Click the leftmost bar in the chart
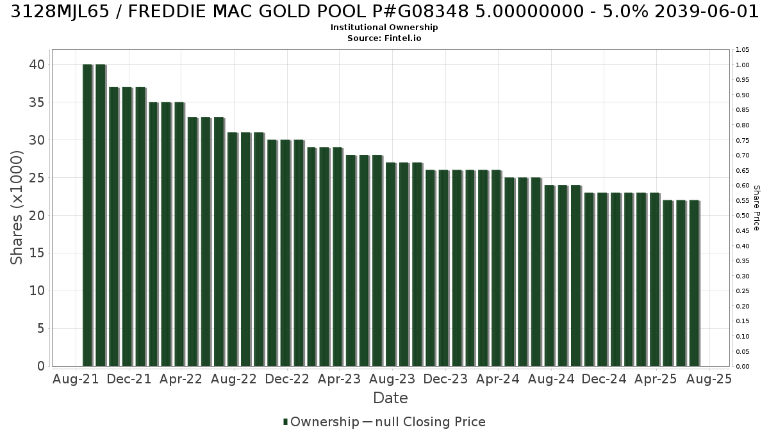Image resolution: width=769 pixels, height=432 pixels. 88,215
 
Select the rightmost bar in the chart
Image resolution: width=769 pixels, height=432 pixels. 695,283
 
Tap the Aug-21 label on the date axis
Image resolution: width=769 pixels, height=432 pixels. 76,379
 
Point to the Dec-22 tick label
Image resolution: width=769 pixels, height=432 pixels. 287,379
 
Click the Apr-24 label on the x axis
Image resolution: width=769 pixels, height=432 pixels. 498,379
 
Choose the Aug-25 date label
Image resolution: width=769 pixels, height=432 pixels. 709,379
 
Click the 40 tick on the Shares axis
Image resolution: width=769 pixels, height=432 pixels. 37,65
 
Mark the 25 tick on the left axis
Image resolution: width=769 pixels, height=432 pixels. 37,178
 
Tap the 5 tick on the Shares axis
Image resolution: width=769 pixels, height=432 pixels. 41,328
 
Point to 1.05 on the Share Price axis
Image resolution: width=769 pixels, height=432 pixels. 743,50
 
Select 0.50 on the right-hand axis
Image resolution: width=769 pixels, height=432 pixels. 743,216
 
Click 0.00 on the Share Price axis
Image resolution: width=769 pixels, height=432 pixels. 743,367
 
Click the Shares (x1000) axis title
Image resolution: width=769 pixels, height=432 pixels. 17,208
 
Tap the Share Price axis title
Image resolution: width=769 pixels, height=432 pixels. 757,208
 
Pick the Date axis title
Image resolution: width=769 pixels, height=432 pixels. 390,398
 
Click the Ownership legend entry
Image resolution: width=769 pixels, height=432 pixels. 320,422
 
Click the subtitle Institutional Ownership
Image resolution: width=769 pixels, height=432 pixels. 384,28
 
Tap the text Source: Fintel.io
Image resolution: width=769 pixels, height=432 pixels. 384,38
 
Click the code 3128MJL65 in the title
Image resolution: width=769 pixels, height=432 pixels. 60,12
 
